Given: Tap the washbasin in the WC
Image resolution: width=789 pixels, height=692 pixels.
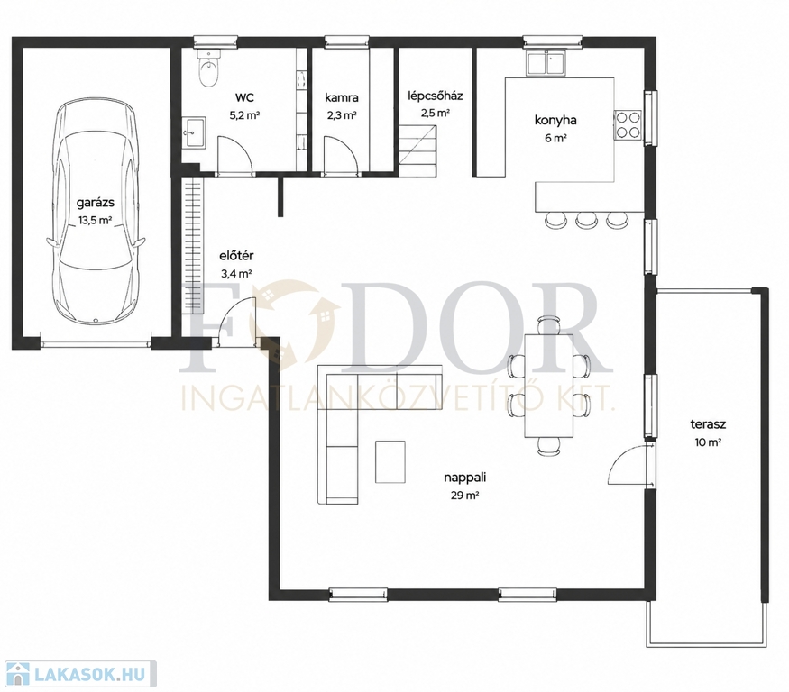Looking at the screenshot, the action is (x=194, y=133).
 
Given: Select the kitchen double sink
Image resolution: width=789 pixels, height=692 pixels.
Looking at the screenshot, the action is (x=546, y=63).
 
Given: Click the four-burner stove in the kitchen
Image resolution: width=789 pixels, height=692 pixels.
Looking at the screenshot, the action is (x=628, y=124).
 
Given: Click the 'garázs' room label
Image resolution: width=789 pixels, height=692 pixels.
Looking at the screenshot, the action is (x=95, y=203).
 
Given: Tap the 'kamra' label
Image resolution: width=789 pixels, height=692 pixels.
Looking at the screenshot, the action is (x=342, y=97).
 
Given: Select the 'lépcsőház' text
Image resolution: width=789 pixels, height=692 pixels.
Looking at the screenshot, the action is (x=436, y=96).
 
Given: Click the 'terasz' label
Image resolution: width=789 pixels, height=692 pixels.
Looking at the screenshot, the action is (x=708, y=424).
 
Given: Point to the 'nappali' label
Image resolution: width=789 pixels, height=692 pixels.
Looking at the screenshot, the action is (x=465, y=478).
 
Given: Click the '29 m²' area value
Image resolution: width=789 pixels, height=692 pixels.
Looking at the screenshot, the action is (x=464, y=496).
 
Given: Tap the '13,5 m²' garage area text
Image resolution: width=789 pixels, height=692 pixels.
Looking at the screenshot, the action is (x=95, y=220).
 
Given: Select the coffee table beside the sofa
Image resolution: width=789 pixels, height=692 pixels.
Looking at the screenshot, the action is (x=390, y=461).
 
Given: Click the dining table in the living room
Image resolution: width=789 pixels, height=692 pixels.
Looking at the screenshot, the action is (x=548, y=386).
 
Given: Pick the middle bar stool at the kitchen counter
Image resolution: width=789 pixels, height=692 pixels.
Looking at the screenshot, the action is (x=585, y=220).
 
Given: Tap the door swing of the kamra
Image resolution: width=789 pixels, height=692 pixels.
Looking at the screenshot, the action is (x=341, y=155).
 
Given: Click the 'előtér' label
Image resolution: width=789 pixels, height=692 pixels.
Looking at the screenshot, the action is (x=236, y=256).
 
